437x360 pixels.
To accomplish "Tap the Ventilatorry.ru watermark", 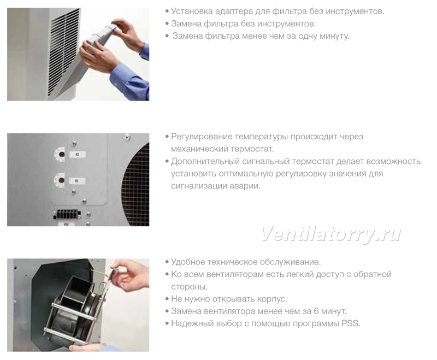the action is click(x=331, y=234).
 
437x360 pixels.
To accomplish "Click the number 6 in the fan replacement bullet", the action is click(x=316, y=311).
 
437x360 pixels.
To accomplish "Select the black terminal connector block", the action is click(x=67, y=214).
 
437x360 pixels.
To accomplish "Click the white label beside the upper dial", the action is click(x=77, y=154).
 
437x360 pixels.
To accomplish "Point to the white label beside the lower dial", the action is click(x=77, y=181).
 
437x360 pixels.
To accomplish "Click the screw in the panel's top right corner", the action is click(x=127, y=137).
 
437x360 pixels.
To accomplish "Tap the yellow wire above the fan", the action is click(x=101, y=272).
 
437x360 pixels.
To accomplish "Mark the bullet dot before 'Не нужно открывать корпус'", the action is click(x=167, y=299).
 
